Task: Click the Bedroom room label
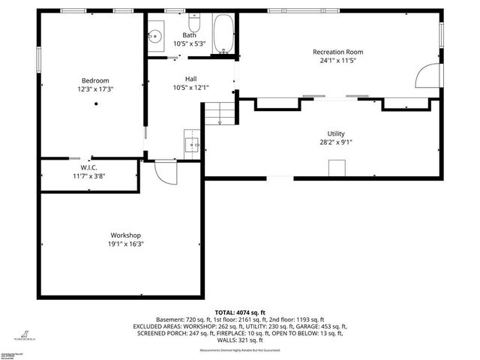(x=95, y=80)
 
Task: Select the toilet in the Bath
(x=195, y=18)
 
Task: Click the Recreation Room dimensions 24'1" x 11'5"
(x=337, y=61)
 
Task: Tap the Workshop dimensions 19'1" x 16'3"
(x=126, y=244)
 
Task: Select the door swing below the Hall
(x=165, y=172)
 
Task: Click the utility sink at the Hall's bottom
(x=192, y=142)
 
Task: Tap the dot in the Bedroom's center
(x=95, y=104)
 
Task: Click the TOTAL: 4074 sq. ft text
(x=240, y=312)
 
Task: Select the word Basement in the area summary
(x=169, y=319)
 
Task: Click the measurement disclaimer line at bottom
(x=240, y=350)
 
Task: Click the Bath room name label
(x=190, y=34)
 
